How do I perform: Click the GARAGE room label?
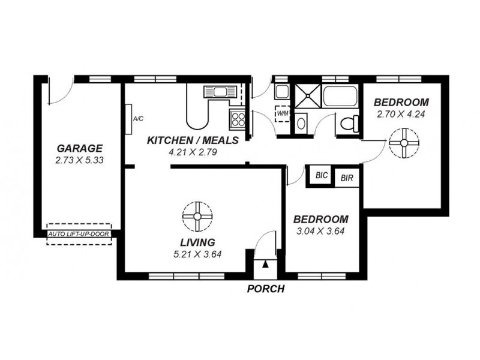pos(80,148)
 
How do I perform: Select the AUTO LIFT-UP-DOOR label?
pos(79,234)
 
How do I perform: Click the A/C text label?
pos(137,119)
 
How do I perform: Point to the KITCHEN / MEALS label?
pos(193,140)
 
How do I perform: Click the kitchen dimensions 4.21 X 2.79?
pos(193,152)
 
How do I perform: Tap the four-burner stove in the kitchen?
pos(237,117)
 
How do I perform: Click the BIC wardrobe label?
pos(321,176)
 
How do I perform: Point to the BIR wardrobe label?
pos(347,178)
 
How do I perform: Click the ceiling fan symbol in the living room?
pos(197,217)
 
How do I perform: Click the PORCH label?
pos(265,289)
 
